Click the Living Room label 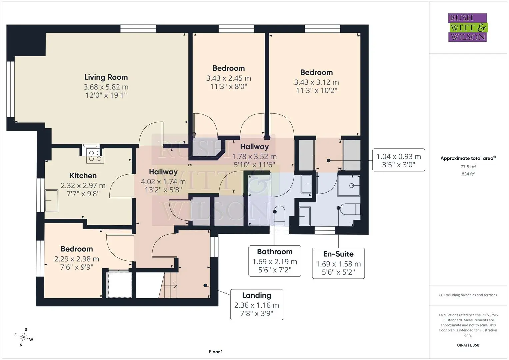tap(106, 77)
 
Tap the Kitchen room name tap(83, 175)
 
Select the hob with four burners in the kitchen tap(95, 156)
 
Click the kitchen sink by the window tap(51, 201)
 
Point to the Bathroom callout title tap(275, 252)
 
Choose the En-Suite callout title tap(338, 254)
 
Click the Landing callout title tap(257, 295)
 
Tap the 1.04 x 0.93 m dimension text tap(399, 156)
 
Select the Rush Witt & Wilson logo tap(468, 27)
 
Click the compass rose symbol tap(23, 337)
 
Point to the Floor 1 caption tap(216, 352)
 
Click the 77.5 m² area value tap(468, 167)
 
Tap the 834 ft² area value tap(468, 174)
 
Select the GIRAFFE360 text tap(468, 345)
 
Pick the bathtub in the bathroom tap(259, 200)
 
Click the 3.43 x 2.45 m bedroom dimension tap(228, 78)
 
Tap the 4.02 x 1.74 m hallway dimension tap(163, 181)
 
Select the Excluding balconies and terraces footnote tap(468, 295)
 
